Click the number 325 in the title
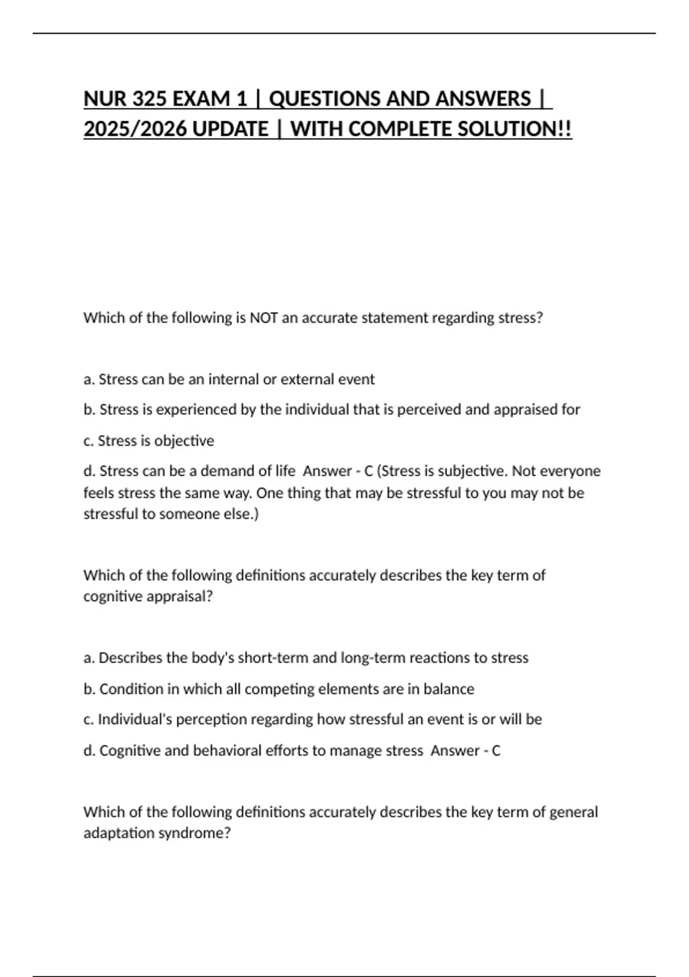pos(146,99)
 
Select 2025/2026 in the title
pos(135,129)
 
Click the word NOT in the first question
pos(264,318)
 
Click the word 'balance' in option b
pos(448,689)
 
